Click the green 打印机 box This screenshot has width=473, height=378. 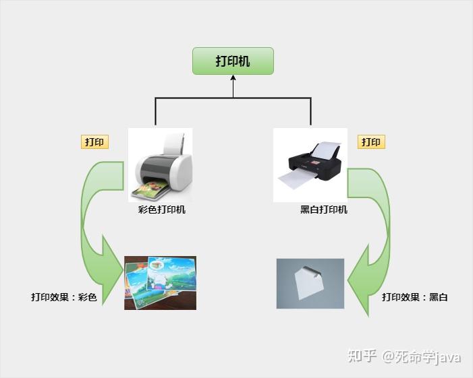click(x=233, y=61)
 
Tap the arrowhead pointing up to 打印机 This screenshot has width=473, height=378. click(x=233, y=78)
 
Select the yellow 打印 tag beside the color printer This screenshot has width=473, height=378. click(x=94, y=142)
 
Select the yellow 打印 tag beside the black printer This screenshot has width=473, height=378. click(x=371, y=142)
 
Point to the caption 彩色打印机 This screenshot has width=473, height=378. click(x=162, y=210)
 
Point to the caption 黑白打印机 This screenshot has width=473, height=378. click(x=324, y=210)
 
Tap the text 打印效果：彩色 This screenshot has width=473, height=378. click(x=64, y=297)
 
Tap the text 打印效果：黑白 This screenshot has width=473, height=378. click(x=415, y=297)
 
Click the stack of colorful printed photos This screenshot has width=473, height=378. click(x=160, y=283)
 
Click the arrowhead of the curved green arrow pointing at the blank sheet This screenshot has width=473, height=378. click(x=359, y=280)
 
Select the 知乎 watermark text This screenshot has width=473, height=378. click(x=362, y=356)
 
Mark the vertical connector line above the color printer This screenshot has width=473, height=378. click(x=155, y=111)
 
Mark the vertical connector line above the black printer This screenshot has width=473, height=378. click(x=310, y=111)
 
